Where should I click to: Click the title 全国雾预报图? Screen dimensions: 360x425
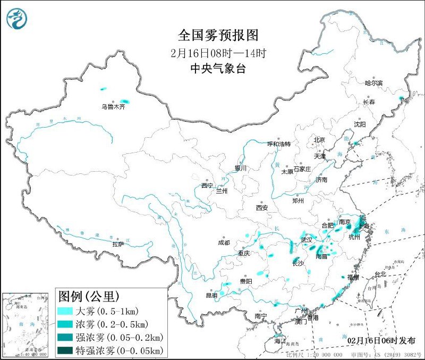[x=218, y=36]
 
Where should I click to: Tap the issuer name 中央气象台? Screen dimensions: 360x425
[x=218, y=68]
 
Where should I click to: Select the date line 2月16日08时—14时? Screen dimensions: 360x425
[x=218, y=53]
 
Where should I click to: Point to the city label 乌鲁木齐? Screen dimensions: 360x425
[x=113, y=106]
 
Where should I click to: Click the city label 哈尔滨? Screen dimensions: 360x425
[x=373, y=83]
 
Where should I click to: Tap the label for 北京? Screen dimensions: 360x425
[x=319, y=140]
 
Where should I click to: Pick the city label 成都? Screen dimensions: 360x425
[x=224, y=242]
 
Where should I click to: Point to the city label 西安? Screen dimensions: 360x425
[x=262, y=207]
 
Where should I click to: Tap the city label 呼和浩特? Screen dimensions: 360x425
[x=279, y=144]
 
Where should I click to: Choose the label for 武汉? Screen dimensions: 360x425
[x=307, y=240]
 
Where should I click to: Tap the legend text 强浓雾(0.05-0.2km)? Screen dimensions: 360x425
[x=120, y=337]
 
